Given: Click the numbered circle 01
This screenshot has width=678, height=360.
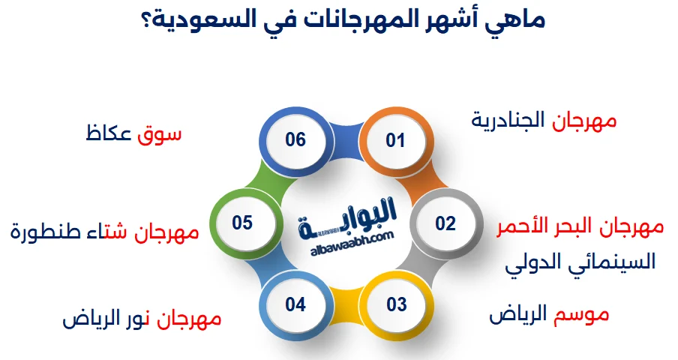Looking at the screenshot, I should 395,140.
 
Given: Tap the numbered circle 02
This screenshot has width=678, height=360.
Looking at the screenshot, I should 445,223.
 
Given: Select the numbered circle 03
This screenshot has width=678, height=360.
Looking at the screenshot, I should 396,304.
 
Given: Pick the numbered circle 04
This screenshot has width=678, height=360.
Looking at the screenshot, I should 295,304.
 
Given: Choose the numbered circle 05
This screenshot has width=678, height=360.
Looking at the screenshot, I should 242,223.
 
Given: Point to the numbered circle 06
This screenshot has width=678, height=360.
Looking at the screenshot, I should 295,139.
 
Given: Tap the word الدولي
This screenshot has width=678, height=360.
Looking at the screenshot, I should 532,262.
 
